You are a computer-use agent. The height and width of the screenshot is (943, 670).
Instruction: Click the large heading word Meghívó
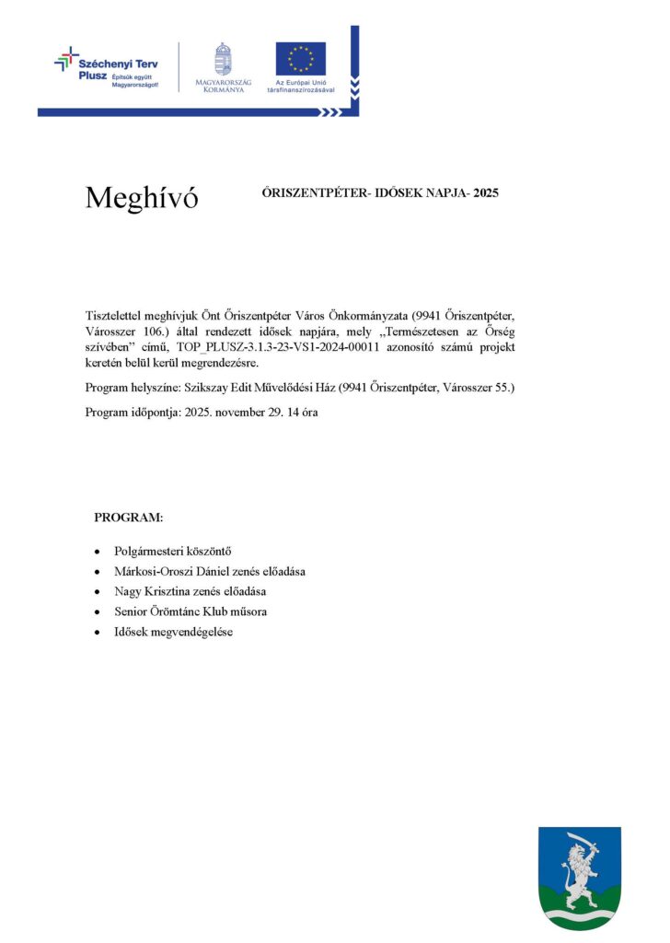click(x=141, y=197)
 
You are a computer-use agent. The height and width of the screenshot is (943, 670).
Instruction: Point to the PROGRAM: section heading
click(x=128, y=518)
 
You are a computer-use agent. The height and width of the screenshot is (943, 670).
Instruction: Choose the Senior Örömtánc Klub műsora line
click(x=191, y=611)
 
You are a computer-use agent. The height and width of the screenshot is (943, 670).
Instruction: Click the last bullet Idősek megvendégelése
click(x=173, y=631)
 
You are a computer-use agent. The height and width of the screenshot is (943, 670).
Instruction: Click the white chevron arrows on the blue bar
click(x=329, y=112)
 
